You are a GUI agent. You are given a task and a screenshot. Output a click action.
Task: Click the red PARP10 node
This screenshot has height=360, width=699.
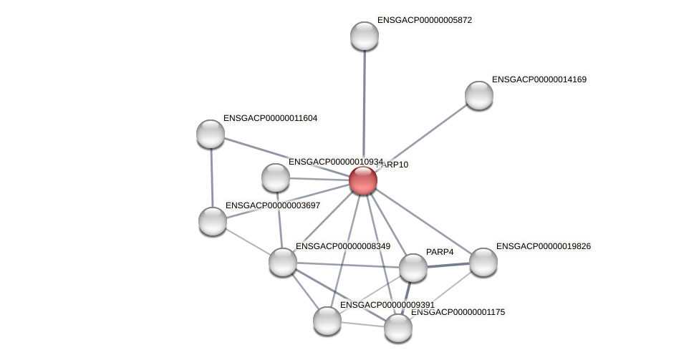363,180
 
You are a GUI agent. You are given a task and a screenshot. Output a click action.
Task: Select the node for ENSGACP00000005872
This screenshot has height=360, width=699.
364,36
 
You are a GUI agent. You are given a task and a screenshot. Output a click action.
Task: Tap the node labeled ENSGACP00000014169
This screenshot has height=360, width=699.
478,95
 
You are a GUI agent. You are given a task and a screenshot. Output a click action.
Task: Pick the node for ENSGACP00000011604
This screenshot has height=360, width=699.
211,134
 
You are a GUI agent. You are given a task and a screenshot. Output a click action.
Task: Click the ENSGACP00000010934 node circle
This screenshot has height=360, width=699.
276,177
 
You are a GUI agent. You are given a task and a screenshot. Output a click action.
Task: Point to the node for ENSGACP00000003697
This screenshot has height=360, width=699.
213,221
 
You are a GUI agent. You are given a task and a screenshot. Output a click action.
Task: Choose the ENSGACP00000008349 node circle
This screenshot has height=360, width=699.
283,261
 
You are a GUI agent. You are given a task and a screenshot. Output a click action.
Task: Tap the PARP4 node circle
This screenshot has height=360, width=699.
413,268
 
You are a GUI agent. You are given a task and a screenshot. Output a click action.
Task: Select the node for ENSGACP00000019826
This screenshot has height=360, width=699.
483,261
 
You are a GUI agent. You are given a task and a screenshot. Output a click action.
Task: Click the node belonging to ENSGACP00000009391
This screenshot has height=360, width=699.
327,320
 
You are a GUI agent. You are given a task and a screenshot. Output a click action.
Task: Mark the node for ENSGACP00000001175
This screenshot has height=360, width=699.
398,328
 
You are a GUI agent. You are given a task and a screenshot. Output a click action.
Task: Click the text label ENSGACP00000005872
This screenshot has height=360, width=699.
424,20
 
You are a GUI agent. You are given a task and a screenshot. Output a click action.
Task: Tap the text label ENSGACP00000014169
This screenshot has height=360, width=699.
539,79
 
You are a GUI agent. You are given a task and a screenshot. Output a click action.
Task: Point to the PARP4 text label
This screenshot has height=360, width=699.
440,252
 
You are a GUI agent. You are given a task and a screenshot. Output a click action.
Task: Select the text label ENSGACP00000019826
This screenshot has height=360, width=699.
543,246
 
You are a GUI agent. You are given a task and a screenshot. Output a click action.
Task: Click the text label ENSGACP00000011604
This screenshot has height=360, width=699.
270,118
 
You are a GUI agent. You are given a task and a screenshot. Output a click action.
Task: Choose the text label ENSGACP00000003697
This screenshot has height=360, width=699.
272,205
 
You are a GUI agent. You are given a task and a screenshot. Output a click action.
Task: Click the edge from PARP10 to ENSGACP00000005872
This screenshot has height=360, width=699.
364,107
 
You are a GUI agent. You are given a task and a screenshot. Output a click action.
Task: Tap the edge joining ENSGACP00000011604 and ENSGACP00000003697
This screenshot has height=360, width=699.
212,177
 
